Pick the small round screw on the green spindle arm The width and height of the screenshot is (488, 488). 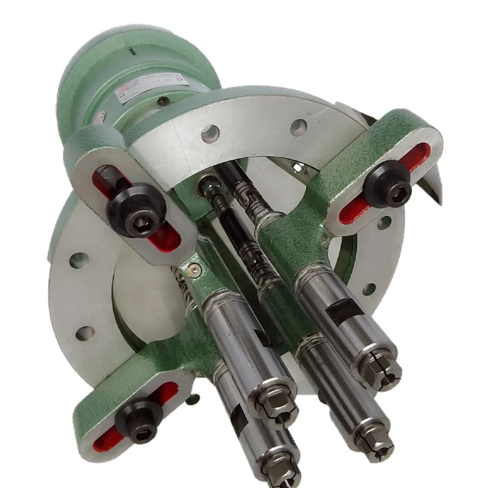click(x=194, y=266)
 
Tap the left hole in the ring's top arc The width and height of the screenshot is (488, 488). click(x=210, y=133)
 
